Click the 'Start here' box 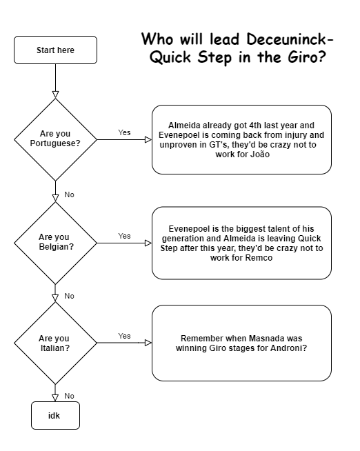pos(55,50)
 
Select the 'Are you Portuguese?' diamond pos(55,139)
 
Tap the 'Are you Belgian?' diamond pos(55,242)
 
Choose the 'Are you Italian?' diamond pos(55,343)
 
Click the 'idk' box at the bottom pos(55,416)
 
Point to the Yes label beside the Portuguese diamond pos(124,132)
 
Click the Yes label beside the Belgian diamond pos(124,236)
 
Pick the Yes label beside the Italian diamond pos(124,336)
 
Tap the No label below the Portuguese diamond pos(69,195)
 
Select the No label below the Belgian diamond pos(69,296)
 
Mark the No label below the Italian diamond pos(69,396)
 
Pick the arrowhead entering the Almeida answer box pos(148,139)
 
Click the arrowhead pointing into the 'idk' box pos(55,399)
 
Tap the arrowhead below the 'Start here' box pos(55,94)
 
